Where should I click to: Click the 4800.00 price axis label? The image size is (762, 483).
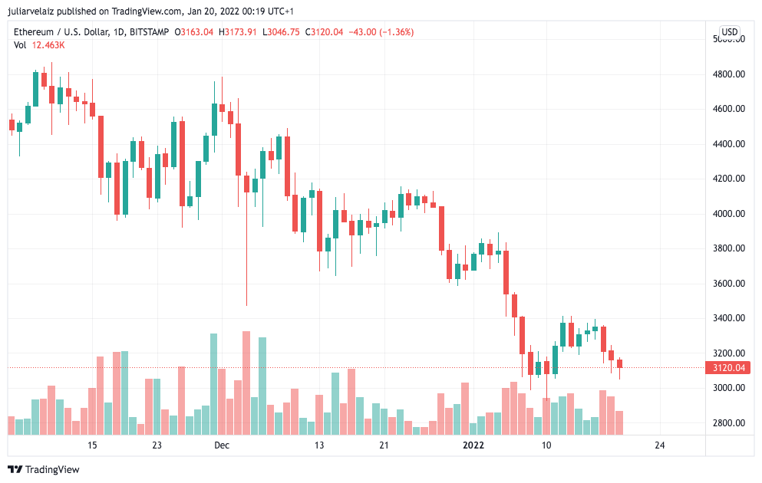pyautogui.click(x=728, y=74)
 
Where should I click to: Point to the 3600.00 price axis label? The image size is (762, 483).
pyautogui.click(x=728, y=284)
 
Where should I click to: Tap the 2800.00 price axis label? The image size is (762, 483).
pyautogui.click(x=728, y=423)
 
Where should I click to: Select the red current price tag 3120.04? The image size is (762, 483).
pyautogui.click(x=728, y=368)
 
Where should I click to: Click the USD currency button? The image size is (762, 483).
pyautogui.click(x=729, y=32)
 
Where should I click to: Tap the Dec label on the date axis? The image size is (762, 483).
pyautogui.click(x=222, y=445)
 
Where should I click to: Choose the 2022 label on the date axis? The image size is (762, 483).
pyautogui.click(x=474, y=445)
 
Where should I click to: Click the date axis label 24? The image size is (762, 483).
pyautogui.click(x=659, y=445)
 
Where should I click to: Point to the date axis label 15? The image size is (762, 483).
pyautogui.click(x=92, y=445)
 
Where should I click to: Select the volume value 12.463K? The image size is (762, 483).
pyautogui.click(x=48, y=45)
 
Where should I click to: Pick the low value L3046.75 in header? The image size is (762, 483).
pyautogui.click(x=282, y=32)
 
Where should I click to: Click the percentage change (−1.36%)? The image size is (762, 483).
pyautogui.click(x=392, y=32)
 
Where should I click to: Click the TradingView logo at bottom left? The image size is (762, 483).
pyautogui.click(x=44, y=469)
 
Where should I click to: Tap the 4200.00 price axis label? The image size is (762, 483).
pyautogui.click(x=728, y=179)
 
